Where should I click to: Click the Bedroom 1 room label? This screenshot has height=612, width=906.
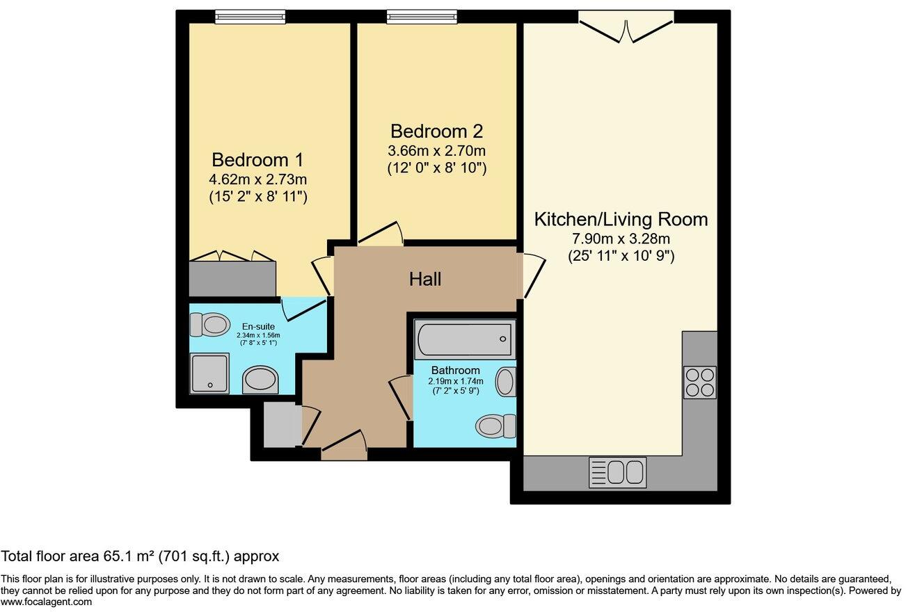pos(257,159)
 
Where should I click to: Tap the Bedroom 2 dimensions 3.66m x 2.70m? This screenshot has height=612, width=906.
pos(436,150)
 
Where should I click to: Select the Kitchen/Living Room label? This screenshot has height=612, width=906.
pos(621,220)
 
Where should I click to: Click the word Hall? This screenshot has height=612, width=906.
pos(424,280)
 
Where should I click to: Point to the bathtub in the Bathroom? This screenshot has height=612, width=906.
pos(465,339)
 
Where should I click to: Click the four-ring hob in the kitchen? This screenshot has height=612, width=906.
pos(700,382)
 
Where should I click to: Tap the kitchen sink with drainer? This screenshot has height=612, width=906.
pos(618,472)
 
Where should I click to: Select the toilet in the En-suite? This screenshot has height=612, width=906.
pos(210,324)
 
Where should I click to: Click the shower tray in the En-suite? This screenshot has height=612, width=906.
pos(209,373)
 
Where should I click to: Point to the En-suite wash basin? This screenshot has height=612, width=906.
pos(260,381)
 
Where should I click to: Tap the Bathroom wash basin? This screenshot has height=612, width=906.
pos(506,382)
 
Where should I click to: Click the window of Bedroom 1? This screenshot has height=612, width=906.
pos(250,17)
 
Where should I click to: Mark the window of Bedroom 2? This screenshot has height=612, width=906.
pos(422,17)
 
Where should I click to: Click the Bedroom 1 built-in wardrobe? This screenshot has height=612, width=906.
pos(232,278)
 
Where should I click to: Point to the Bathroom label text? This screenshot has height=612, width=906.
pos(455,370)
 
